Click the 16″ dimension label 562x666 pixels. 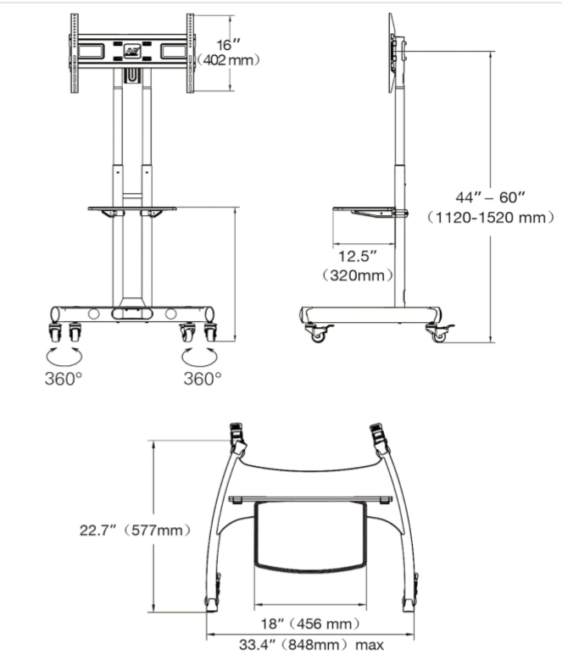pyautogui.click(x=229, y=45)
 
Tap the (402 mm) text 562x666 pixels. pyautogui.click(x=228, y=60)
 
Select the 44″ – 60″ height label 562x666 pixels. pyautogui.click(x=491, y=197)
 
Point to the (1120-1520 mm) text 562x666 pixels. pyautogui.click(x=491, y=218)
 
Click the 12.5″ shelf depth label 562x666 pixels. pyautogui.click(x=358, y=257)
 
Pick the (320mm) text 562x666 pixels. pyautogui.click(x=358, y=275)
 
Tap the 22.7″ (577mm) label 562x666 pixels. pyautogui.click(x=135, y=530)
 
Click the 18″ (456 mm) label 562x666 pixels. pyautogui.click(x=310, y=624)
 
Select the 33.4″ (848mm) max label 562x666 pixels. pyautogui.click(x=311, y=645)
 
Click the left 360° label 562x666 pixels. pyautogui.click(x=64, y=379)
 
